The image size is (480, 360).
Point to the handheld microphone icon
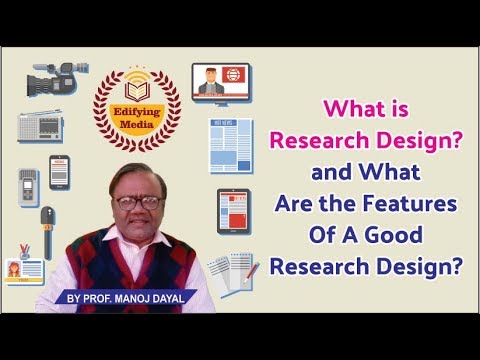coord(47,228)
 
